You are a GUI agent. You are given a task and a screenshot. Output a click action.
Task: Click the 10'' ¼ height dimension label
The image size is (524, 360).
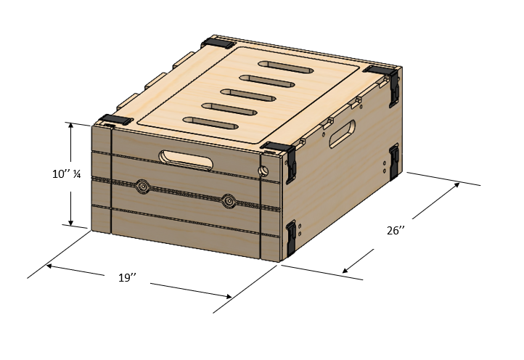66,173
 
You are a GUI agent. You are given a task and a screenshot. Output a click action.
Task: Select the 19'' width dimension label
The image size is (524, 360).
127,277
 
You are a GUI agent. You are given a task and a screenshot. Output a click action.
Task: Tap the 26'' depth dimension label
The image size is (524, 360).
396,231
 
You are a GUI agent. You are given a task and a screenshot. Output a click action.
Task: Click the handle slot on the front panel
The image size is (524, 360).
186,160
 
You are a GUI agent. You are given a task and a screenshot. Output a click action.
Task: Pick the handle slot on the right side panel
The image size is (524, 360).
342,134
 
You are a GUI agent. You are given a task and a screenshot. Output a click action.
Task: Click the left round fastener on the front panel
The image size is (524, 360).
143,187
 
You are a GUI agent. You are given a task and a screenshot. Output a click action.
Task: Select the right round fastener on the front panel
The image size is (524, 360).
229,201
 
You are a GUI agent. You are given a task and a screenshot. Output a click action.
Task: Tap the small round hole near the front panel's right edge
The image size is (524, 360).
263,171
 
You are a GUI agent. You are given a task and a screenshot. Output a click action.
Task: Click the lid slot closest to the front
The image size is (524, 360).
210,123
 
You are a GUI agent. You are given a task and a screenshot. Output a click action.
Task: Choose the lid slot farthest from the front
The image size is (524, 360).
286,67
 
